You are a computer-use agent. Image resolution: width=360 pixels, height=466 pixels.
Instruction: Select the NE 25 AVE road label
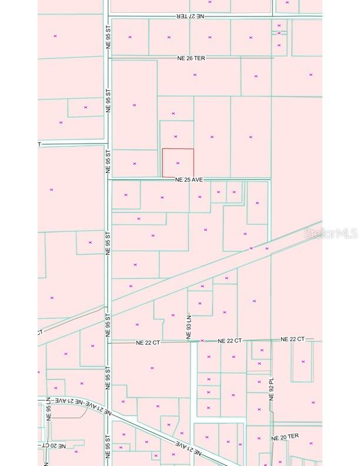tap(189, 179)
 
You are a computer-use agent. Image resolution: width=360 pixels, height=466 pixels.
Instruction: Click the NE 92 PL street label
tap(271, 388)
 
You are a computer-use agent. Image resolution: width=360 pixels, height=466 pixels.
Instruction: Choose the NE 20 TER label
tap(285, 437)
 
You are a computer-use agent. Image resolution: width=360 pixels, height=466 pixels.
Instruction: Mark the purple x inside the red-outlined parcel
tap(178, 163)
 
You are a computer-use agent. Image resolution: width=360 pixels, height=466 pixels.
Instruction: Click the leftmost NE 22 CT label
tap(148, 342)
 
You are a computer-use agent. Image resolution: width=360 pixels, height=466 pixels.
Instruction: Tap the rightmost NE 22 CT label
tap(292, 339)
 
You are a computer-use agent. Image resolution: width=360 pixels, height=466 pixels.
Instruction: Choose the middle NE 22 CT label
tap(229, 341)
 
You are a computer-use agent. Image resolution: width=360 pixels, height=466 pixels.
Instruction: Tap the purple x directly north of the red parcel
tap(175, 137)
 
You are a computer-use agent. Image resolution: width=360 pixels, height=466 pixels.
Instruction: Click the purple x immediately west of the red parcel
tap(135, 164)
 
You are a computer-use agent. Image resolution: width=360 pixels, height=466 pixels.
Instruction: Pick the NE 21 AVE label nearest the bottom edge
tap(189, 448)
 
